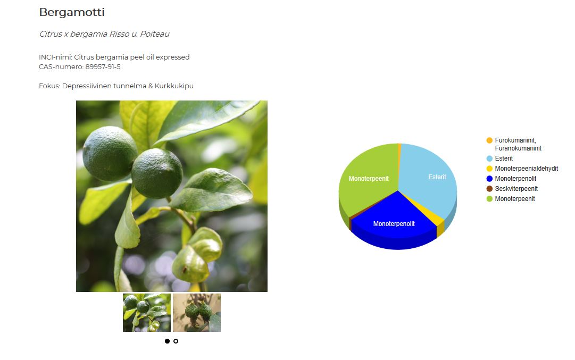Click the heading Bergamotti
point(72,12)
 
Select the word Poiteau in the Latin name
point(155,34)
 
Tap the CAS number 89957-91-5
point(103,66)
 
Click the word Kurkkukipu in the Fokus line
point(174,86)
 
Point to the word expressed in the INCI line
point(173,57)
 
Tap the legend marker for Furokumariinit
point(489,140)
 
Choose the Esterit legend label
point(504,158)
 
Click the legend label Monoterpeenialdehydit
point(527,169)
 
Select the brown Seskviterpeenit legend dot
point(489,189)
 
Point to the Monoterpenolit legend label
point(515,179)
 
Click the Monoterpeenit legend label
point(515,199)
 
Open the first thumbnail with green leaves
point(147,313)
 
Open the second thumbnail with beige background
point(197,313)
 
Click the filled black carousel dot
point(167,341)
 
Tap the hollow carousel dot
point(176,341)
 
